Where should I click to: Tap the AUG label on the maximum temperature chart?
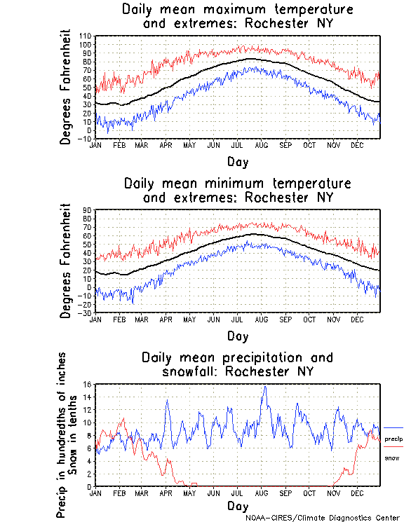pyautogui.click(x=262, y=144)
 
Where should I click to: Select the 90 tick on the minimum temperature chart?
pyautogui.click(x=88, y=210)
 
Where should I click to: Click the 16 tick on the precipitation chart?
pyautogui.click(x=88, y=384)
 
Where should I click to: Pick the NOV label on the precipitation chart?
pyautogui.click(x=334, y=493)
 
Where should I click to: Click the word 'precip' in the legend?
pyautogui.click(x=393, y=439)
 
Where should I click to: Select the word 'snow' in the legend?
pyautogui.click(x=392, y=458)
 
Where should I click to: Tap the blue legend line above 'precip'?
pyautogui.click(x=393, y=427)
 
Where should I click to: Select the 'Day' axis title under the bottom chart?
pyautogui.click(x=237, y=506)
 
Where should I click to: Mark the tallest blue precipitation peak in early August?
pyautogui.click(x=264, y=386)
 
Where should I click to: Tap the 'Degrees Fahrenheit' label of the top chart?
pyautogui.click(x=66, y=87)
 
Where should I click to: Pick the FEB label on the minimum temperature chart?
pyautogui.click(x=118, y=318)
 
